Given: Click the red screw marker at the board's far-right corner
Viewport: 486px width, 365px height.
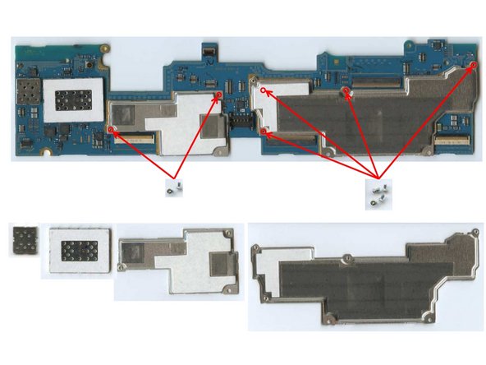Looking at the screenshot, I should [x=471, y=66].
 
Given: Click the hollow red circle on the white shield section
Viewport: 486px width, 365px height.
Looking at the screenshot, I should [x=263, y=90].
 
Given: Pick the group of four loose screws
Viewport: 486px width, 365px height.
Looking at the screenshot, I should [x=378, y=194].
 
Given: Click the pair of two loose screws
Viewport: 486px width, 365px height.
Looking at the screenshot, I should [x=173, y=188].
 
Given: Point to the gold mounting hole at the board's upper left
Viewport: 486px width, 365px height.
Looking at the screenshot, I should [x=105, y=48].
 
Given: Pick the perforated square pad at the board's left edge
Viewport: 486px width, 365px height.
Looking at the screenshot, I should [x=26, y=90].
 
